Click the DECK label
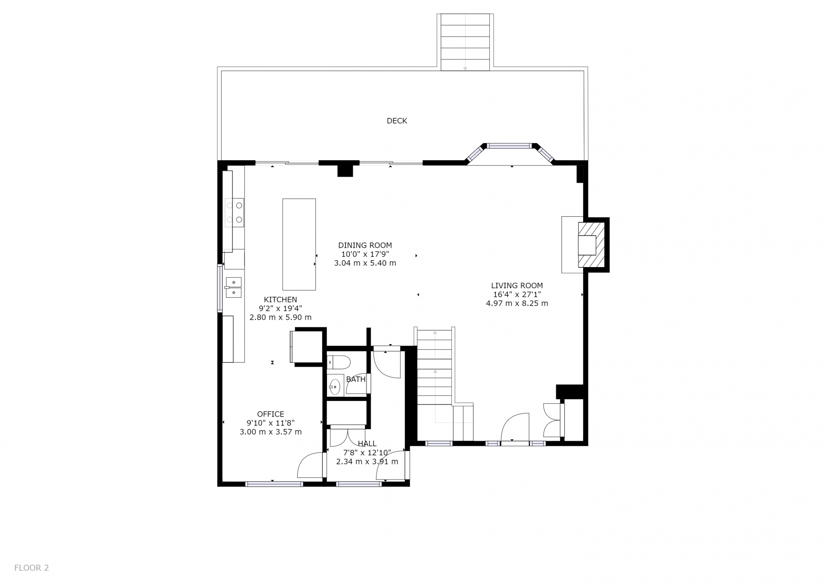[397, 121]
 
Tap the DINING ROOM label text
[365, 246]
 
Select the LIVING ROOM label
[517, 286]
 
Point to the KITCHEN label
[280, 300]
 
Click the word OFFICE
[270, 414]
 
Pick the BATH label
[356, 380]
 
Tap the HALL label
[367, 444]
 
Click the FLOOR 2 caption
[31, 568]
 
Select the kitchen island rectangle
[299, 244]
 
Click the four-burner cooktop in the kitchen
[235, 212]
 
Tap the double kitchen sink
[233, 287]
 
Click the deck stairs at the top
[465, 42]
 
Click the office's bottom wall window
[274, 484]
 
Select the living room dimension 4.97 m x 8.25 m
[517, 303]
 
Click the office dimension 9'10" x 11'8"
[270, 423]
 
